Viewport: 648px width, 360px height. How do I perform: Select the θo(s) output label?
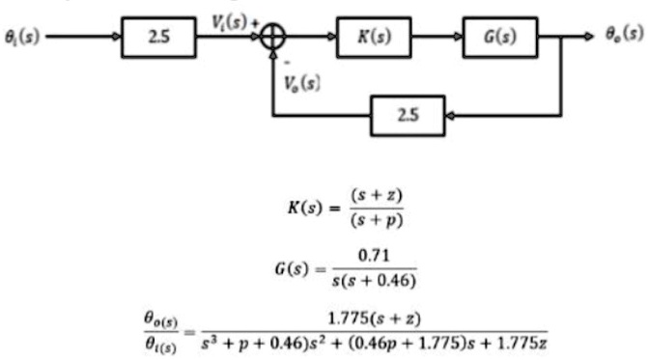tap(624, 33)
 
